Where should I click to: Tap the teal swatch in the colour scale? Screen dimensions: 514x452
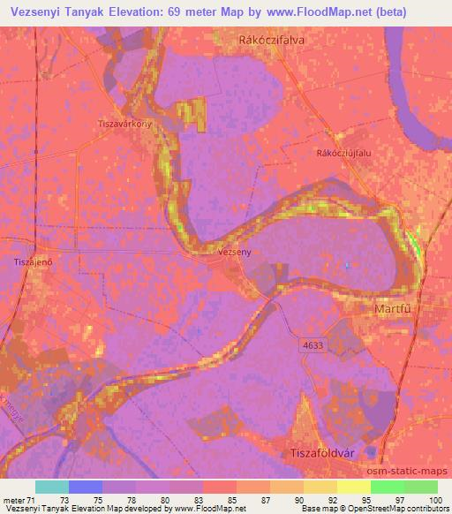pos(51,487)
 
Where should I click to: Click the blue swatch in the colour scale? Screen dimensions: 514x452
pos(85,487)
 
